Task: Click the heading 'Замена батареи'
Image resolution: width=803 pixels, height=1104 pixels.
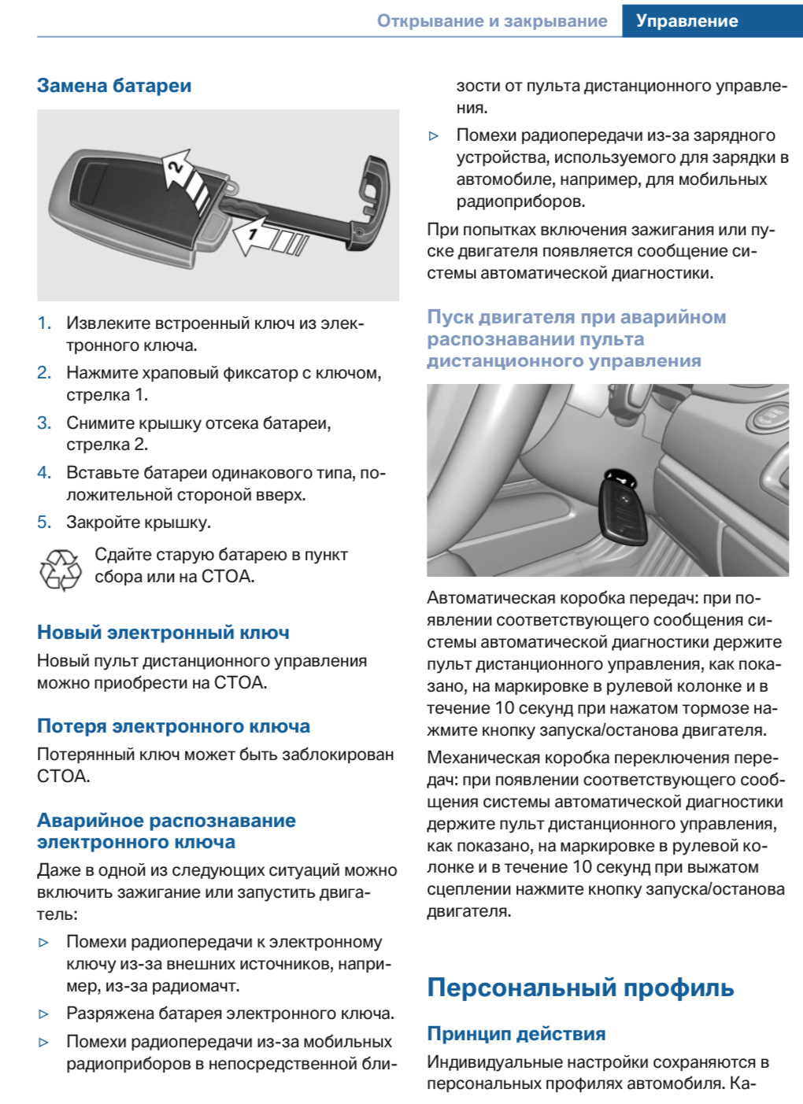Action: coord(114,86)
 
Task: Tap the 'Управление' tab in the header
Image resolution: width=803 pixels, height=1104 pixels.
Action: coord(686,21)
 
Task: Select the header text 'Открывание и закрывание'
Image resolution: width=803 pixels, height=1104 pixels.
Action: coord(492,21)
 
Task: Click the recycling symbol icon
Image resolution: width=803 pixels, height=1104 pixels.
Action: coord(60,570)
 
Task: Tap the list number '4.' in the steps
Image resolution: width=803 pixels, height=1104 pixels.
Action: coord(44,473)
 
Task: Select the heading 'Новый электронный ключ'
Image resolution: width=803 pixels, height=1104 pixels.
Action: coord(163,633)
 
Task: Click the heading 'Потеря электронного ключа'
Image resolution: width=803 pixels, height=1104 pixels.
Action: coord(173,726)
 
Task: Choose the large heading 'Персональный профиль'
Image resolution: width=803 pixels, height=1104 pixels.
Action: coord(580,988)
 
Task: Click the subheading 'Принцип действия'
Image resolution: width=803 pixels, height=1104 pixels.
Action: coord(516,1034)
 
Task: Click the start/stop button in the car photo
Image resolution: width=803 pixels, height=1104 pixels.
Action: coord(770,417)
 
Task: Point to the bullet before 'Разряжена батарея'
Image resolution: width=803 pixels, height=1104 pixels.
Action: coord(44,1014)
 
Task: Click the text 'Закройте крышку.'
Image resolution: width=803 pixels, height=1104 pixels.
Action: coord(139,522)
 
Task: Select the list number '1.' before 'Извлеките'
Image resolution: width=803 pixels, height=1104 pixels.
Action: coord(44,323)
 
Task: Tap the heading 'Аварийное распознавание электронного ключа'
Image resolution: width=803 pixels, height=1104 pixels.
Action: coord(166,831)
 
